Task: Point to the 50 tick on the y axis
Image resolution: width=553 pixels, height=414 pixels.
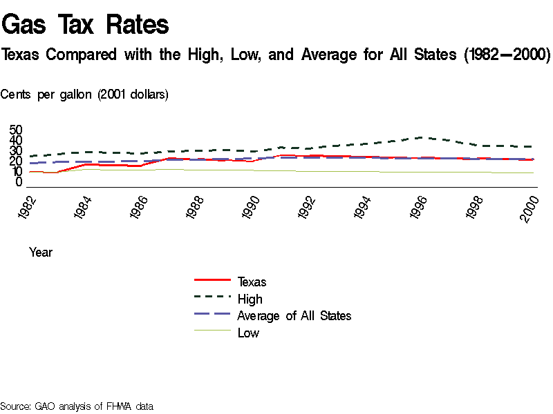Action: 16,130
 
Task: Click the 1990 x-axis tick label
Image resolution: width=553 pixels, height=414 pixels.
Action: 252,207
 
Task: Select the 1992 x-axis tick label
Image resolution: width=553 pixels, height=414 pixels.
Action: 308,207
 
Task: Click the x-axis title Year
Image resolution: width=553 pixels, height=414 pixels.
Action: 41,253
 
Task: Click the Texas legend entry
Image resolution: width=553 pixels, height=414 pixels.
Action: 252,282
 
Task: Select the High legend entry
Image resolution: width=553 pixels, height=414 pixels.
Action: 250,299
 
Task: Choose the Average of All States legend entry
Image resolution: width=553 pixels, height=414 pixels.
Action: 294,315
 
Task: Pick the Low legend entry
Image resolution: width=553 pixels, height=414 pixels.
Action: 248,333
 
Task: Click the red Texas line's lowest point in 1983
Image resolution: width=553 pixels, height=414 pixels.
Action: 55,172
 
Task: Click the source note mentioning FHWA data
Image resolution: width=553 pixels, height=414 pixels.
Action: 76,406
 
